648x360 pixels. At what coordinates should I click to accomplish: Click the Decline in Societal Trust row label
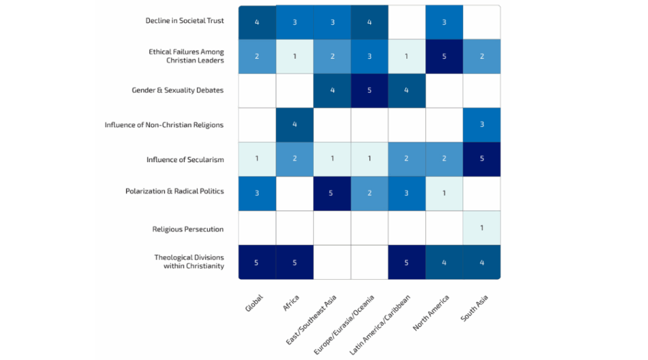point(184,21)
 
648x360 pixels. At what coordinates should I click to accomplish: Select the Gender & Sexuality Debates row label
point(178,90)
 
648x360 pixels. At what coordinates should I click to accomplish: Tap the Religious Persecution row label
point(188,229)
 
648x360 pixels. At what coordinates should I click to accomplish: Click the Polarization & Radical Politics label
point(175,191)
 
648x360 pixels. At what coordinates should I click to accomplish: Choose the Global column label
point(254,302)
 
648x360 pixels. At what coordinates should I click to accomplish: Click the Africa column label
point(292,302)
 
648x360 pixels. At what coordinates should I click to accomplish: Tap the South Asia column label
point(475,307)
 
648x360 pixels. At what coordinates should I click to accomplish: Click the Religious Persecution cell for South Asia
point(482,228)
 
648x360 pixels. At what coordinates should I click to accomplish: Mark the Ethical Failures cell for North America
point(444,56)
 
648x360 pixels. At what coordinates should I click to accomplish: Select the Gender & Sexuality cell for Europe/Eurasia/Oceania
point(369,90)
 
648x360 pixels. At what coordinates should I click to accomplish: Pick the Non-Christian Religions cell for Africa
point(294,125)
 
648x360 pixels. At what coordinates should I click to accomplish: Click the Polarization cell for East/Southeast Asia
point(332,193)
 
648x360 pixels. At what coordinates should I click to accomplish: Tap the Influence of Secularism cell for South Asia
point(482,159)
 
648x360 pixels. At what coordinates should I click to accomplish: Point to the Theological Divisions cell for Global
point(256,262)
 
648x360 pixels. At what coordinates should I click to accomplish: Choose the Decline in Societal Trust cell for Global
point(256,22)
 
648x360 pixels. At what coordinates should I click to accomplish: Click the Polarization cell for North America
point(444,193)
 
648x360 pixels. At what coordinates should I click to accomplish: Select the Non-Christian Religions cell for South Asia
point(482,125)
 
